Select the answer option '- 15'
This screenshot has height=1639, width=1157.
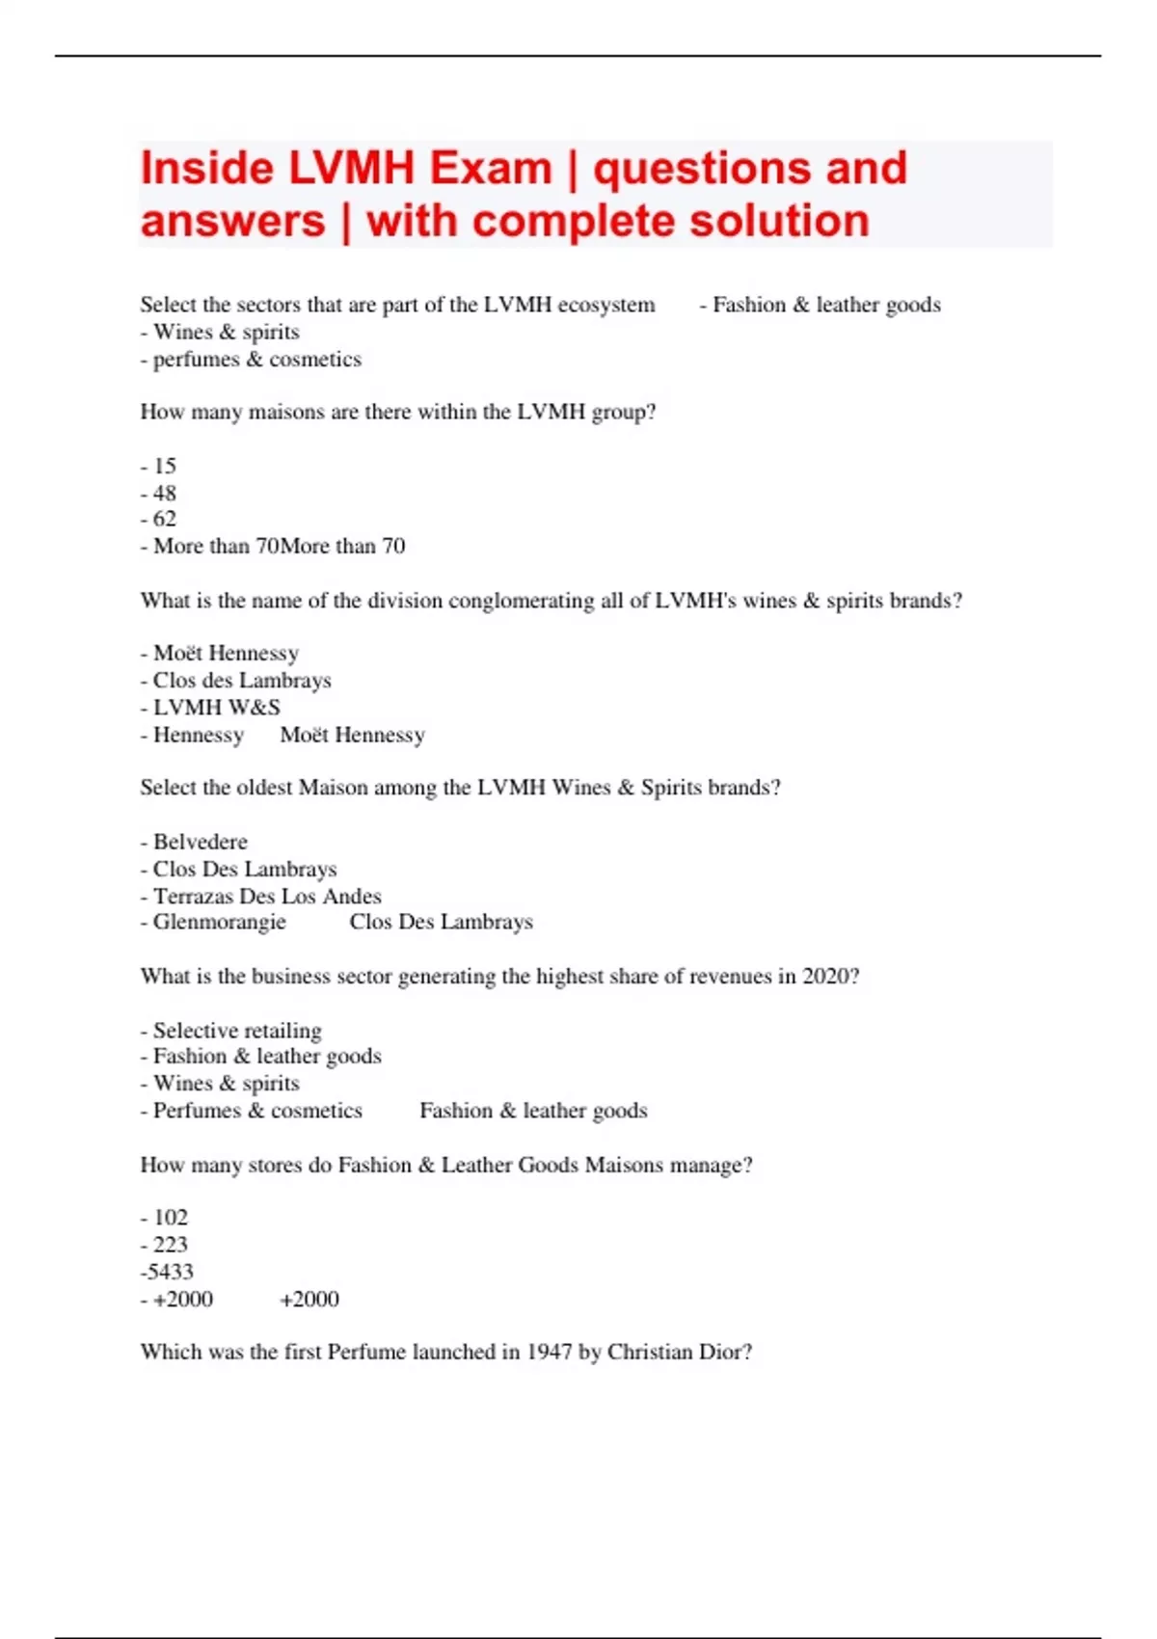(x=159, y=466)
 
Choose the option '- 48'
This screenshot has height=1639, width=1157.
(x=159, y=493)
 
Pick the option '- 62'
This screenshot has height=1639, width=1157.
(x=159, y=519)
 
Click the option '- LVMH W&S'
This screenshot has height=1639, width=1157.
(x=210, y=708)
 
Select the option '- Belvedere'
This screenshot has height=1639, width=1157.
(x=194, y=842)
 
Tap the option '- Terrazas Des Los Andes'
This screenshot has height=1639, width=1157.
(x=260, y=896)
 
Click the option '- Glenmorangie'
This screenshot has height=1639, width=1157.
(x=213, y=922)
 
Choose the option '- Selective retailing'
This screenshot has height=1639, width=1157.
(x=231, y=1031)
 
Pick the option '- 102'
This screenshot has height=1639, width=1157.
(x=164, y=1218)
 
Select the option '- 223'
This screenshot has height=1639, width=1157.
(x=164, y=1245)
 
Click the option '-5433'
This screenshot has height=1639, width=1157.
(x=167, y=1272)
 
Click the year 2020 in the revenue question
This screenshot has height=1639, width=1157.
(x=826, y=977)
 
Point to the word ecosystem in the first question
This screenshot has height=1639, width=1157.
(x=606, y=306)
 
